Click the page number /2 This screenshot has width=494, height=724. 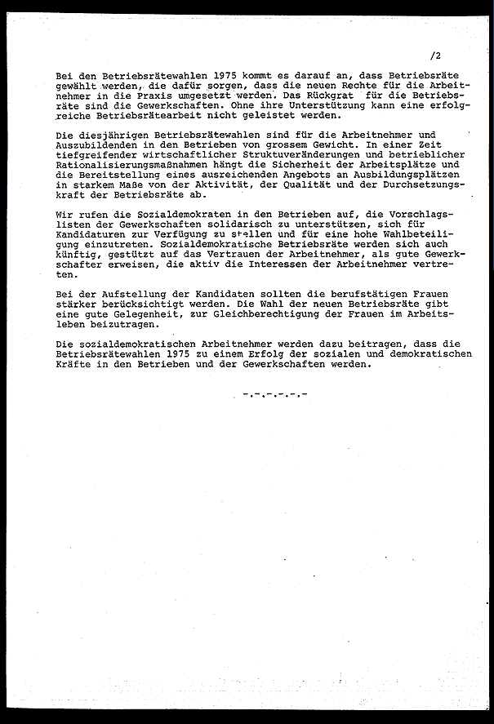[434, 56]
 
